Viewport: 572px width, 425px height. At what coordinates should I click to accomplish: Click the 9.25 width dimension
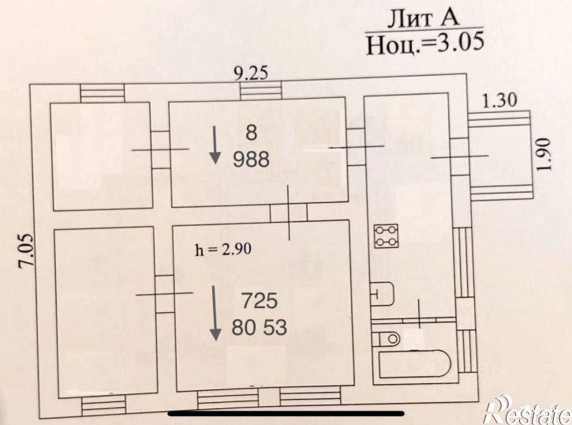point(251,73)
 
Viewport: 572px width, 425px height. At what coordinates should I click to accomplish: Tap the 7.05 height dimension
point(26,250)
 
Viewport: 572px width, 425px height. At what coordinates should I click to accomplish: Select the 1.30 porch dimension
point(499,100)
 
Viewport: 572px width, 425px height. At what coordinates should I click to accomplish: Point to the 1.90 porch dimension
point(543,154)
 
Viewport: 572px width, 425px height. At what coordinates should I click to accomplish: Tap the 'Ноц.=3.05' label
point(425,43)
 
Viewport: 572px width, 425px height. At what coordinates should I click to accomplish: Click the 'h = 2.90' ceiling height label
point(223,250)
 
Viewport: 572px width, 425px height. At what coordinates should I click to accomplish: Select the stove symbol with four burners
point(387,236)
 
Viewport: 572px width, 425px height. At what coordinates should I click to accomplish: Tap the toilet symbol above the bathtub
point(389,338)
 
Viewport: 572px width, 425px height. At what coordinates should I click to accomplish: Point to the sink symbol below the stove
point(383,293)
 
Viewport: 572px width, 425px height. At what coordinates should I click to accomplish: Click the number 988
point(251,160)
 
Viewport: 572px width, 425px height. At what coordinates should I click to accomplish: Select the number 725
point(260,302)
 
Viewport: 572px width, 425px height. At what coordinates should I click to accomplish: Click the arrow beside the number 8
point(215,145)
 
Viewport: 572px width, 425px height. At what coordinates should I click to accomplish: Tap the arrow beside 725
point(215,314)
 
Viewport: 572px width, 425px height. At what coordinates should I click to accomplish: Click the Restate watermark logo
point(529,411)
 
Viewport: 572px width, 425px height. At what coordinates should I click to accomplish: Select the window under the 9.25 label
point(261,90)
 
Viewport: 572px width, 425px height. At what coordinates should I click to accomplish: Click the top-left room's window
point(103,93)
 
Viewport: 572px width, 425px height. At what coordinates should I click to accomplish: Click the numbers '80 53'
point(259,328)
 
